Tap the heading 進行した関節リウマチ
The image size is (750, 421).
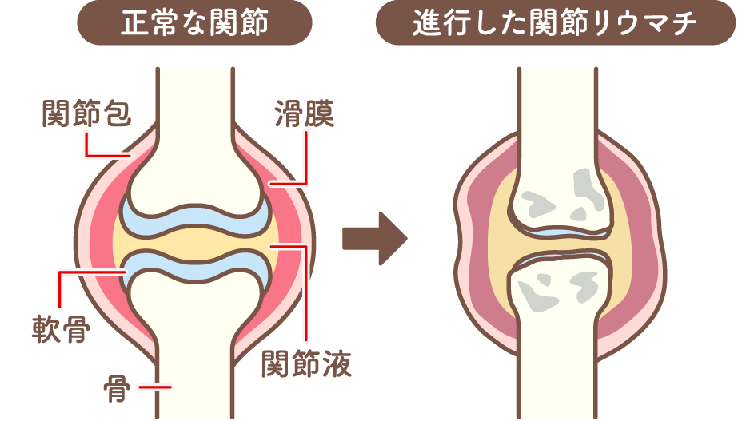[555, 24]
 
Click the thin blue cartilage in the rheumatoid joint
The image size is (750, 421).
[557, 234]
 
